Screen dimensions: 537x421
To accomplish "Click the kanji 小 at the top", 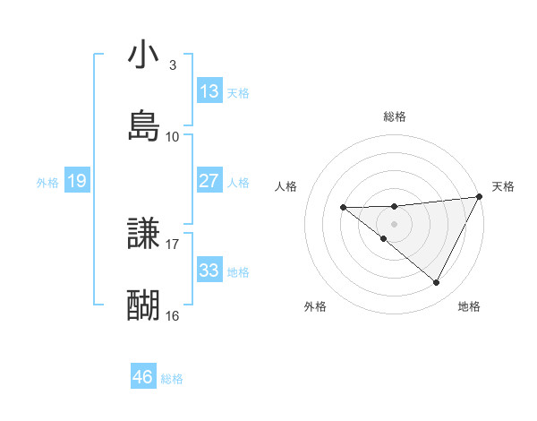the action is [x=143, y=56].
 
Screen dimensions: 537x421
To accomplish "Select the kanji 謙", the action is [x=143, y=235].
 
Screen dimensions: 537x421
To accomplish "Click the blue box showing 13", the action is [x=209, y=91].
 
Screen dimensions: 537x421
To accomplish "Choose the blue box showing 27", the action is [x=209, y=181].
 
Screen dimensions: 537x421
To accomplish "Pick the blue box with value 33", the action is [x=209, y=271].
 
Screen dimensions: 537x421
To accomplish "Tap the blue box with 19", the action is [x=77, y=181].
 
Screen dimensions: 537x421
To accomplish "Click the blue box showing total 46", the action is [x=143, y=378].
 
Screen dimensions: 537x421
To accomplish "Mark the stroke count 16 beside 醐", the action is [x=173, y=315].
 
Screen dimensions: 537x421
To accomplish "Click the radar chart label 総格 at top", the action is [x=395, y=116].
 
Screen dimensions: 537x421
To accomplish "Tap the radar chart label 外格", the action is [x=315, y=306].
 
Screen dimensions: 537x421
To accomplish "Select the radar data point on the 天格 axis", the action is [x=481, y=197].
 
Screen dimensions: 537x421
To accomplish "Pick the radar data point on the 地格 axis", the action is [x=437, y=283].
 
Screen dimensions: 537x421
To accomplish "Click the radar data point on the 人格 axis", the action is [x=343, y=208].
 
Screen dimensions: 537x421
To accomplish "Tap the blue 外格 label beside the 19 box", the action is [x=47, y=182].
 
